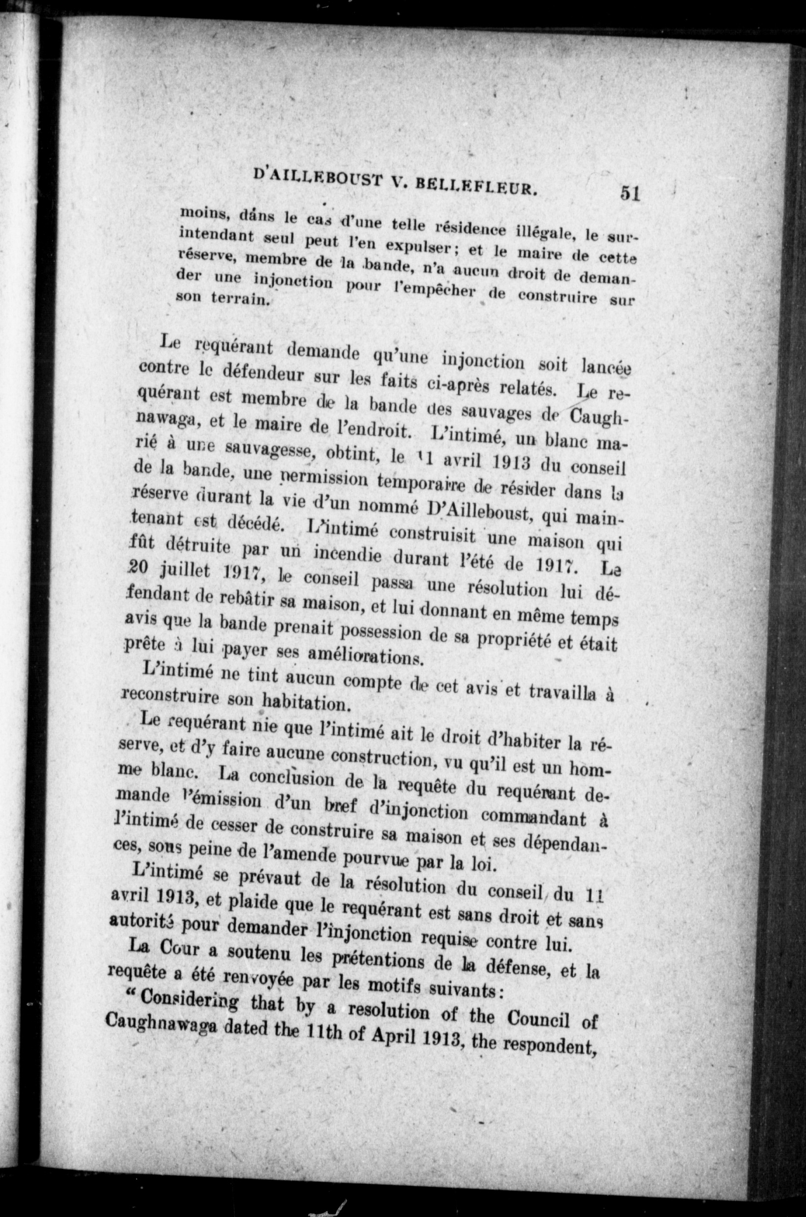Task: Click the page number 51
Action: pyautogui.click(x=630, y=193)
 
